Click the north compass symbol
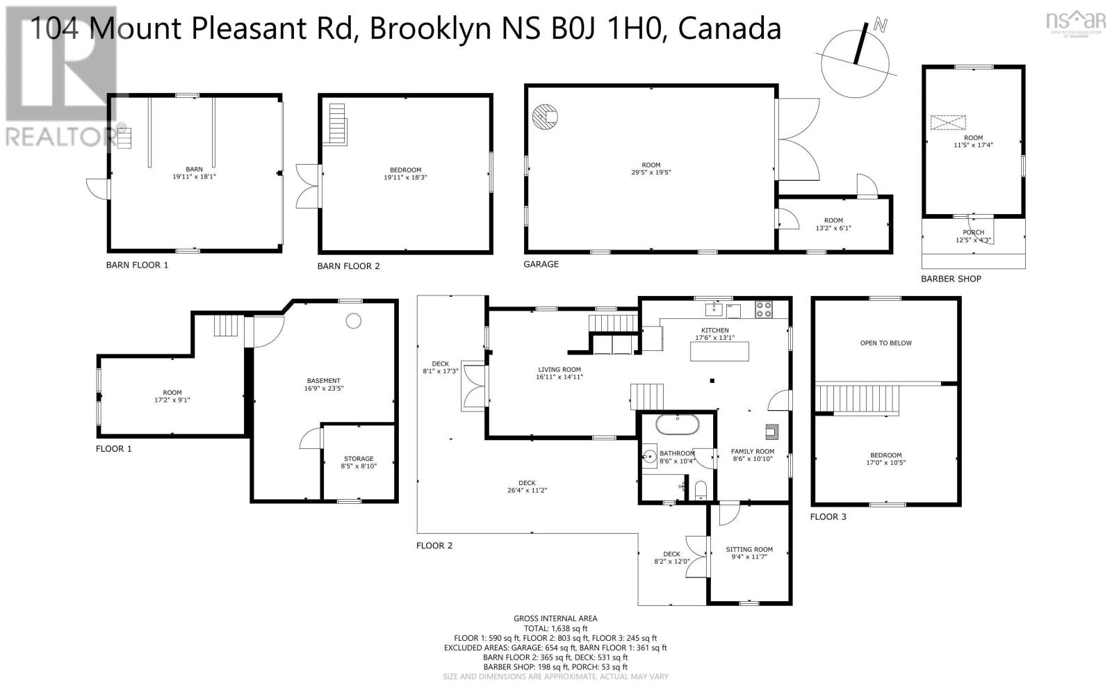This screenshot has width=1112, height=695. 855,60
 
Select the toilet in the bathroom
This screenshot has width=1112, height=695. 701,490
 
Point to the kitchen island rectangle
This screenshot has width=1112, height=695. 719,351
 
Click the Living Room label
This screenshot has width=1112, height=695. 559,370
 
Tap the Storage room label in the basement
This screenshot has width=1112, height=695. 359,459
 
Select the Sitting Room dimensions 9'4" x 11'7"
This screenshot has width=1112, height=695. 749,557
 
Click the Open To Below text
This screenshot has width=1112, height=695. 885,343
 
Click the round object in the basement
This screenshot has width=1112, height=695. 354,321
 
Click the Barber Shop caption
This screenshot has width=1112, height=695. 951,279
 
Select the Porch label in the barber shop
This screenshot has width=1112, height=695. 973,232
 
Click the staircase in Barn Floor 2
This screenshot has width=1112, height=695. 338,124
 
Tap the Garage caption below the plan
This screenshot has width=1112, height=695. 541,264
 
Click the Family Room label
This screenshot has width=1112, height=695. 753,451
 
